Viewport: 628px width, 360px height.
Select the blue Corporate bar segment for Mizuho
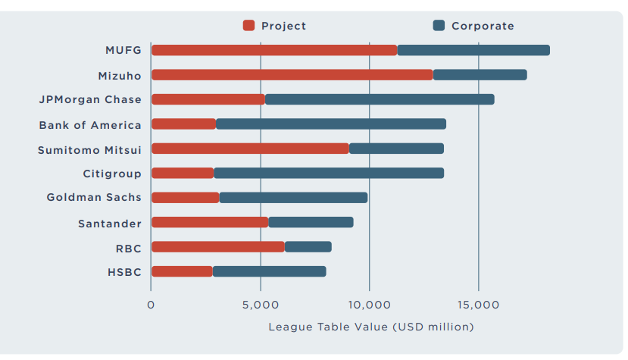click(x=480, y=75)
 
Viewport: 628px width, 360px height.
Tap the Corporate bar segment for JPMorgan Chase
click(x=380, y=99)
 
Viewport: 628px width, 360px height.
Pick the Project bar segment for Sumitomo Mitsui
click(x=250, y=149)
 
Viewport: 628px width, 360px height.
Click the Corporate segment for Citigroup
click(x=329, y=174)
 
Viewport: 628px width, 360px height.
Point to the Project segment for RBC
click(x=218, y=246)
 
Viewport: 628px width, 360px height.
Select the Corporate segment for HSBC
click(x=269, y=271)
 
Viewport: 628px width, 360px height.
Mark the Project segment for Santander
click(x=210, y=222)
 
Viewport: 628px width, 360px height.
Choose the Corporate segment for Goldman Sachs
click(x=293, y=198)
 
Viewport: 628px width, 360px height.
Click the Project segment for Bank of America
click(x=183, y=124)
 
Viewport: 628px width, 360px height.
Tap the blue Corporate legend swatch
click(x=439, y=26)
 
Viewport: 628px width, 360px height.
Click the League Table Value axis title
click(x=370, y=327)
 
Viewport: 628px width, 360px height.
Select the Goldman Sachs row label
click(x=94, y=198)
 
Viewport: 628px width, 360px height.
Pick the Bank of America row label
click(x=90, y=124)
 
